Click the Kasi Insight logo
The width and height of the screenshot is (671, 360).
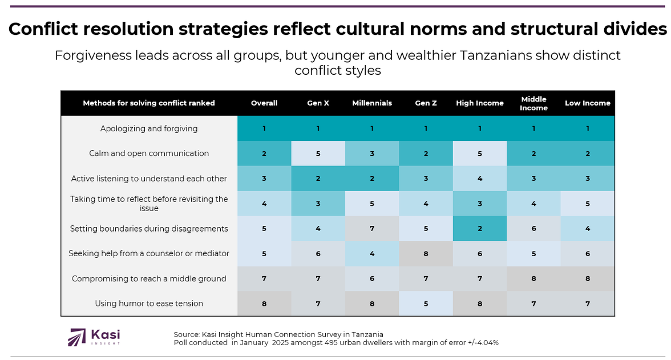tap(94, 337)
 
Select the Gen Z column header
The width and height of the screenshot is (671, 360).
tap(426, 103)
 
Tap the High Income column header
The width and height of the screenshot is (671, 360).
tap(479, 103)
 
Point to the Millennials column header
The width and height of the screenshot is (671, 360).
tap(372, 103)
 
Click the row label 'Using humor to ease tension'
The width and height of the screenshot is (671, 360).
tap(149, 304)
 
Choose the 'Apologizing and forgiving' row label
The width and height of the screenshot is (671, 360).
tap(149, 128)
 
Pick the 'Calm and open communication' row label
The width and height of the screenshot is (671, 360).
tap(149, 153)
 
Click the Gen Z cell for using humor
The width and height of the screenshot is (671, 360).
tap(426, 304)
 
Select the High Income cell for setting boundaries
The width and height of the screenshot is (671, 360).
tap(479, 229)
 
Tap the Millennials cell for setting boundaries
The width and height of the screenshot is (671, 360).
tap(372, 229)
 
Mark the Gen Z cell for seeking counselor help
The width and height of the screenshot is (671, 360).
tap(426, 254)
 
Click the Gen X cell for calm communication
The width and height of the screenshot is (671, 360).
tap(318, 153)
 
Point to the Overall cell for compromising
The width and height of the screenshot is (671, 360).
tap(264, 279)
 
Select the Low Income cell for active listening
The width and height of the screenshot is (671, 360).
tap(587, 179)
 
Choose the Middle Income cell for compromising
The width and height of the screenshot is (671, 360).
tap(533, 279)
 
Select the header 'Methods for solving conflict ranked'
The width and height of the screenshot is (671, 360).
tap(149, 103)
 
